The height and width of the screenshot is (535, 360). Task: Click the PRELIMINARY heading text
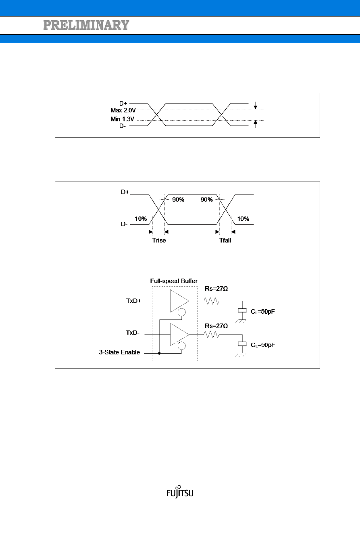point(86,25)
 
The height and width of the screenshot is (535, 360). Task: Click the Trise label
point(158,240)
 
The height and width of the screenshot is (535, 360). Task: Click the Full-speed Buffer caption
point(174,281)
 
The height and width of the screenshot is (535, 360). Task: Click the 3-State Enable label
point(120,352)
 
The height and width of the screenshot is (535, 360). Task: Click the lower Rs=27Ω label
point(216,326)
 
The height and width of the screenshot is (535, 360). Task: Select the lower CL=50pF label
point(262,345)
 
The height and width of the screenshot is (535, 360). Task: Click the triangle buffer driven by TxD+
point(179,301)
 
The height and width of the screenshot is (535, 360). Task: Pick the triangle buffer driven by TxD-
point(179,334)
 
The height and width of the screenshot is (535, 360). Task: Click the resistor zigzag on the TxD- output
point(211,334)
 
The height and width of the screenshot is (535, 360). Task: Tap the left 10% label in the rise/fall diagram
point(141,219)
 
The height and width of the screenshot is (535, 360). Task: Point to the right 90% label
point(207,200)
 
